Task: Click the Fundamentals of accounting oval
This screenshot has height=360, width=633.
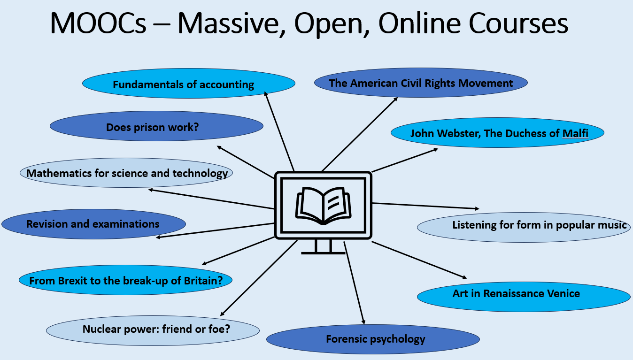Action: (x=188, y=84)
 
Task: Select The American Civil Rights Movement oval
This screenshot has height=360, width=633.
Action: (x=421, y=84)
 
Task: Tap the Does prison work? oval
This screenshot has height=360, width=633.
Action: (x=156, y=126)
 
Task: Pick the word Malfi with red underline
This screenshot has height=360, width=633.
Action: (x=575, y=133)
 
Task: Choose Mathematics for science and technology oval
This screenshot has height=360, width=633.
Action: (x=126, y=173)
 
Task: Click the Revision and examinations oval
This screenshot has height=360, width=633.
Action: (x=93, y=224)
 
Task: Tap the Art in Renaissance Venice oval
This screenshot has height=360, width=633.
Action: (x=523, y=294)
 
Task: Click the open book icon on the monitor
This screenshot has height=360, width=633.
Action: (x=323, y=205)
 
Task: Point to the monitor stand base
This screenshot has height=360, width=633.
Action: (x=323, y=253)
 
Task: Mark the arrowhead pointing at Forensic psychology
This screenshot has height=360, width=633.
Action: (x=363, y=322)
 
